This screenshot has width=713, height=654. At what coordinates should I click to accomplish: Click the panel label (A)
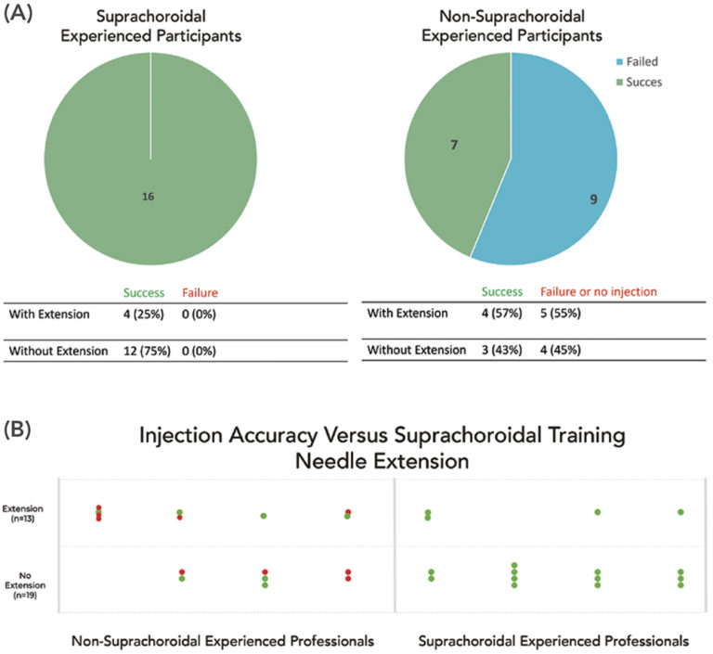click(21, 15)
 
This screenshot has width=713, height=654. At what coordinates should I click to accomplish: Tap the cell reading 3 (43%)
click(497, 350)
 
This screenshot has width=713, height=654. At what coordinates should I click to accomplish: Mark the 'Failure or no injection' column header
click(593, 291)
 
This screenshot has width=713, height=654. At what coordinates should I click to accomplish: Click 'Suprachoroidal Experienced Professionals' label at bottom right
click(553, 640)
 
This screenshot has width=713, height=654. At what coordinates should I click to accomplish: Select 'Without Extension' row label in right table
click(413, 350)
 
